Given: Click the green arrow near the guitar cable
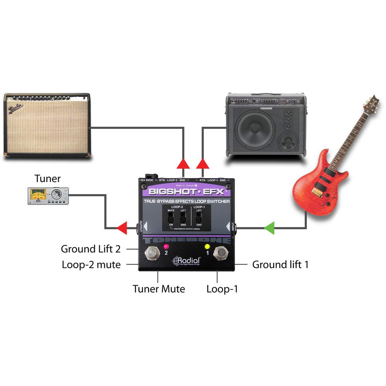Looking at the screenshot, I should coord(269,229).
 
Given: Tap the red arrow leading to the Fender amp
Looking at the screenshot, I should coord(184,164).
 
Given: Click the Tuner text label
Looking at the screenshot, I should coord(47,178).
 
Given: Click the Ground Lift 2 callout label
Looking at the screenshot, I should coord(91,249).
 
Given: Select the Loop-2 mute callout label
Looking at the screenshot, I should coord(91,265).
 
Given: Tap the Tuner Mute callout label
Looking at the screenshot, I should coord(159,289).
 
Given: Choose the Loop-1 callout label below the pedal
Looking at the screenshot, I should coord(222,289).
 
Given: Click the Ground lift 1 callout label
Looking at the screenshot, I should coord(280,265).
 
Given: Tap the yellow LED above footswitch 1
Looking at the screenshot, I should coord(207,246).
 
